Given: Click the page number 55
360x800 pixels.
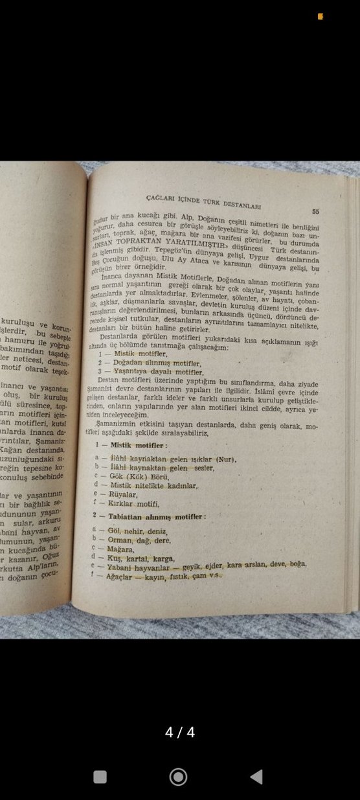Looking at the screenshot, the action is (315, 211).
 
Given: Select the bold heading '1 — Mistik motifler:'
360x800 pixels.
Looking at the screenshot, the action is (129, 446).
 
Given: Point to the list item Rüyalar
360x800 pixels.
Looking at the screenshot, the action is (124, 493).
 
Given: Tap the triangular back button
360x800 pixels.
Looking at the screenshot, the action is (256, 777).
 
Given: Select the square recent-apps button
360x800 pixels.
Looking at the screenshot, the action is (100, 777).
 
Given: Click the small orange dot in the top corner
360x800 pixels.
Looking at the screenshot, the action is (320, 17).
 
